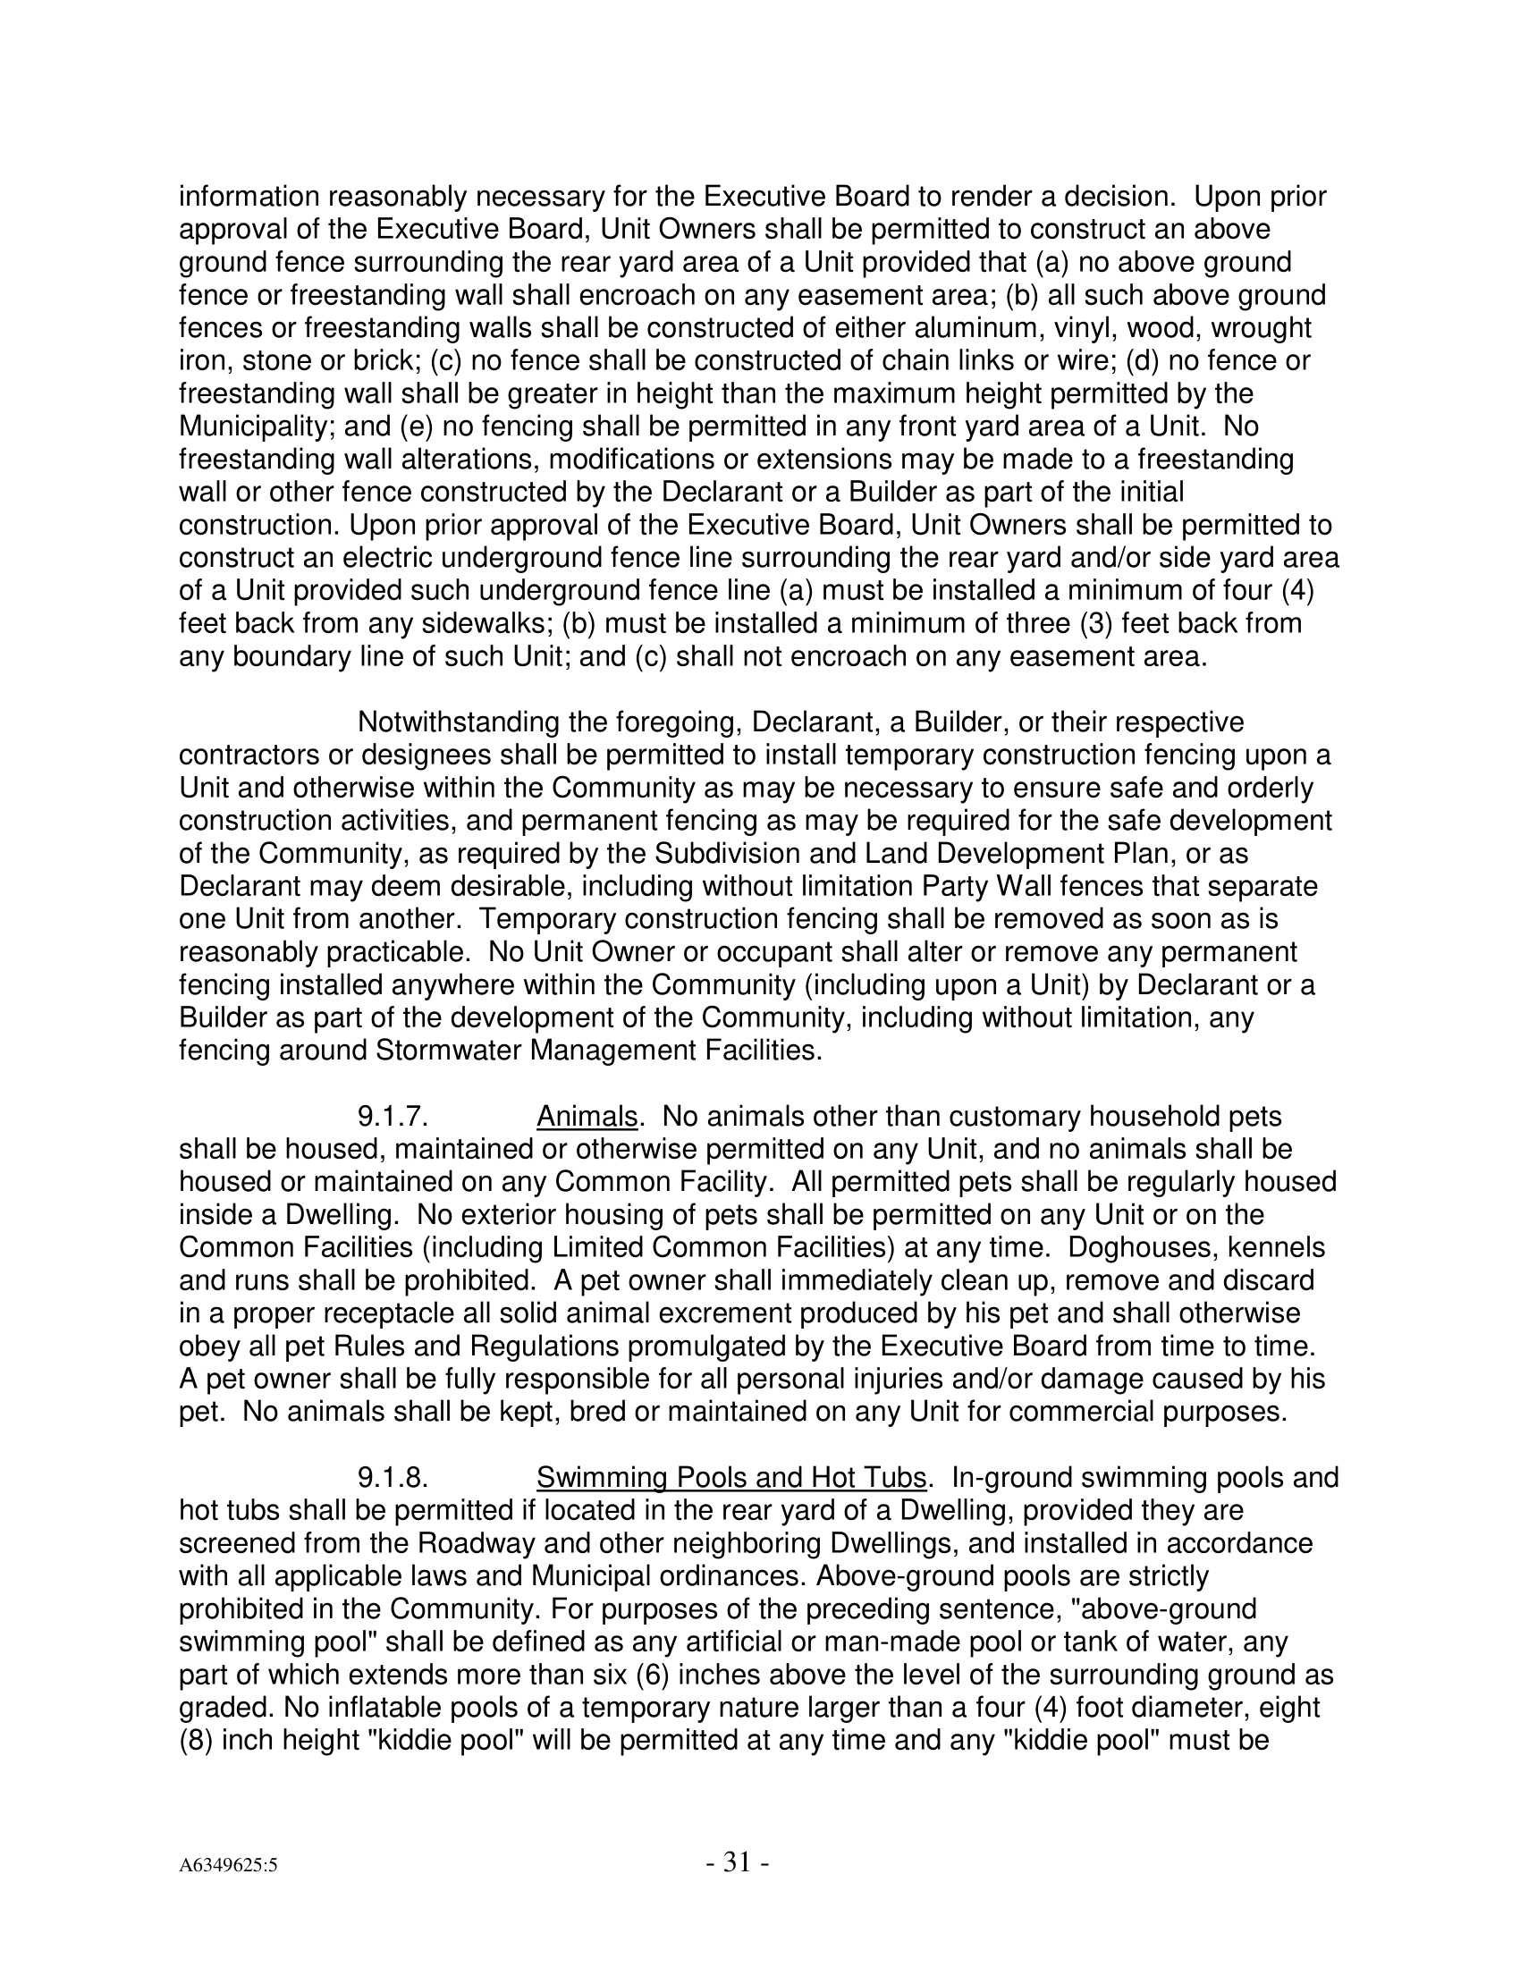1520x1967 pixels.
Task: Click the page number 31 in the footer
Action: (x=736, y=1861)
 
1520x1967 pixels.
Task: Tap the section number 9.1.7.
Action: (x=392, y=1117)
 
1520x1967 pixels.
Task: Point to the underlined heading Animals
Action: (x=587, y=1117)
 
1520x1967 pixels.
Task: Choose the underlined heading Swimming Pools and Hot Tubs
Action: (x=731, y=1478)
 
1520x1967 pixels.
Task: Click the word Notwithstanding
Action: (x=460, y=722)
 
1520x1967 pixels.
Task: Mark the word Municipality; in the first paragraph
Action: (x=258, y=426)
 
